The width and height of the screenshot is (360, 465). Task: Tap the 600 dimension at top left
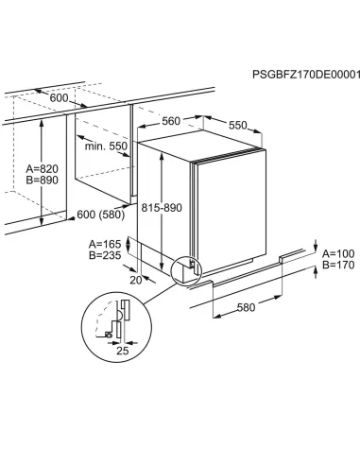(x=35, y=98)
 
